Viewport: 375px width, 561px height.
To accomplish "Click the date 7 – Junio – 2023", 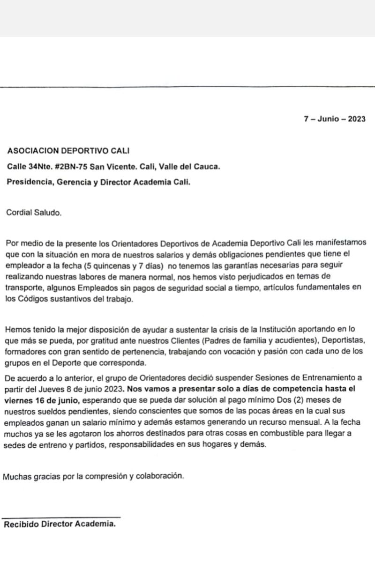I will pos(334,118).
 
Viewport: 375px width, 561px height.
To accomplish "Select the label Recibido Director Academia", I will pos(60,524).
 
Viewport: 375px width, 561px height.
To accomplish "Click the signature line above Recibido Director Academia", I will pos(61,517).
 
